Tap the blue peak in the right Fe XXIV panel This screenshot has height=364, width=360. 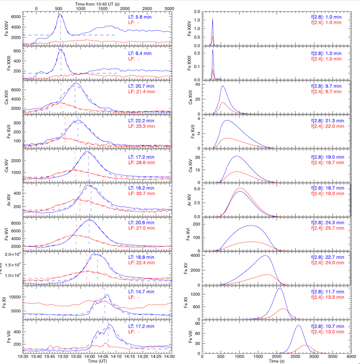pos(212,20)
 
